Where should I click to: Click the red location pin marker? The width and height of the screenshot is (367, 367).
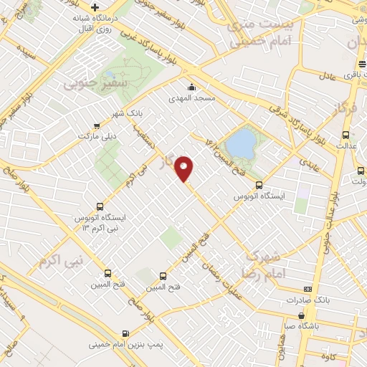(185, 168)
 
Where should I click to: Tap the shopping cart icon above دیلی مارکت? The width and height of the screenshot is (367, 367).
(97, 125)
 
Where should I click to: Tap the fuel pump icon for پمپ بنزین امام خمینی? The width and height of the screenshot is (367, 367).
(126, 333)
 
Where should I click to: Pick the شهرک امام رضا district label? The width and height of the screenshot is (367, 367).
(271, 265)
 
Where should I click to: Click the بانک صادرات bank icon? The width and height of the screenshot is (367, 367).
(308, 289)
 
